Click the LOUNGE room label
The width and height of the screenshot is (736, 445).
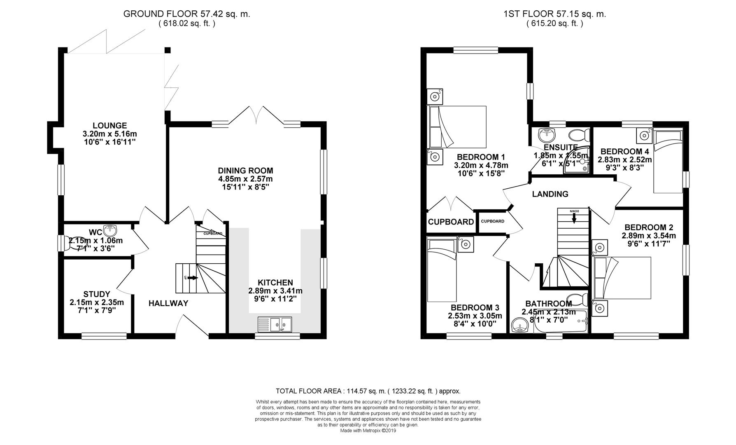[x=109, y=126]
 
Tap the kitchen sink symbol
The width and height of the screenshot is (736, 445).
[x=275, y=324]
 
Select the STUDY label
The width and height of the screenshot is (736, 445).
[x=97, y=294]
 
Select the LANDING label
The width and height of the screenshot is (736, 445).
[x=550, y=194]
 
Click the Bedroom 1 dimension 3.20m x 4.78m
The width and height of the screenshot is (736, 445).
[x=481, y=165]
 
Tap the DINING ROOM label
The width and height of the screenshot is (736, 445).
[x=245, y=171]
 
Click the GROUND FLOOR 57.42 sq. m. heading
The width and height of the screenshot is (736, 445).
[x=186, y=14]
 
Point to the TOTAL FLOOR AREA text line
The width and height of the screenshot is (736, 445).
[x=368, y=391]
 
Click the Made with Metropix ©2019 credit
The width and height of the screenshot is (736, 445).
[x=368, y=431]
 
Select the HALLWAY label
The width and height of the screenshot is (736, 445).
[x=168, y=304]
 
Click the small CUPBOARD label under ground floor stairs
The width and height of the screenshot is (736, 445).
[x=213, y=234]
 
